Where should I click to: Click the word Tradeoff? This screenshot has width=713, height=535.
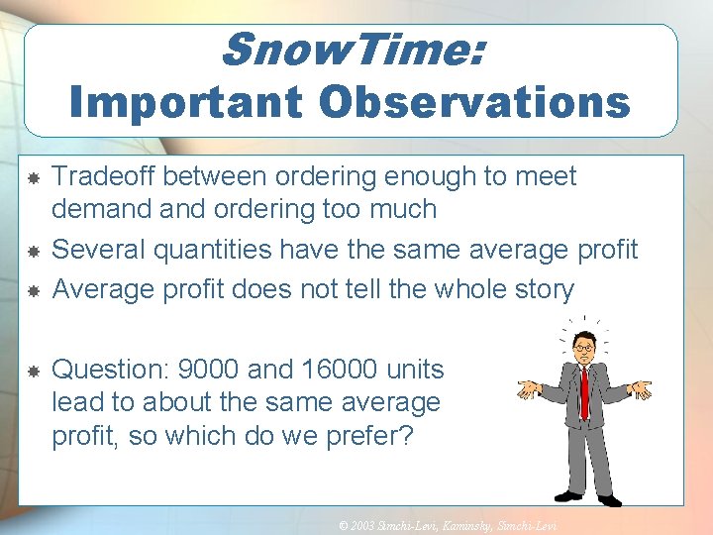[104, 176]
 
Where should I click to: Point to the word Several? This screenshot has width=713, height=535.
[99, 250]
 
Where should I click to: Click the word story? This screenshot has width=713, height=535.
[540, 289]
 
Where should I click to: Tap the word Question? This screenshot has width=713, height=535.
[110, 371]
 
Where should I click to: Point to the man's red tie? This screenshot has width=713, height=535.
[583, 391]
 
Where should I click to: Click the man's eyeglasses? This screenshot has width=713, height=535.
[583, 348]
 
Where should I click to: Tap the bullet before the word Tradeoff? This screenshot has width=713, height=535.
[32, 177]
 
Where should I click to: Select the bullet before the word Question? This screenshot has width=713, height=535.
[32, 371]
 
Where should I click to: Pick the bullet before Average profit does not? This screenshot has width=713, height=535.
[32, 290]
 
